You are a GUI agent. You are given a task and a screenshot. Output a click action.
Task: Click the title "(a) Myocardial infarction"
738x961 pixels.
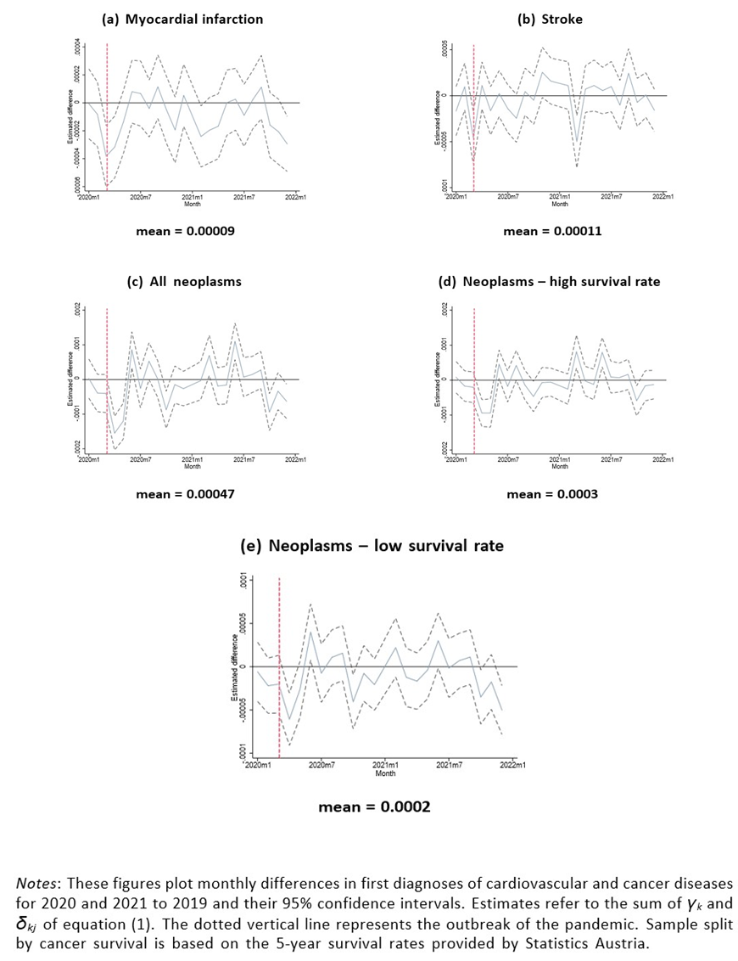click(182, 19)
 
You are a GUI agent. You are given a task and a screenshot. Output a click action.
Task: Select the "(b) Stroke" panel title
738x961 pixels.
click(550, 19)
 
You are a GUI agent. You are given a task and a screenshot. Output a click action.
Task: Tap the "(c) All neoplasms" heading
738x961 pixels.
click(183, 282)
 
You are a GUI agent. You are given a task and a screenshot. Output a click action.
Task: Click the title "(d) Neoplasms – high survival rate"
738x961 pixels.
click(549, 282)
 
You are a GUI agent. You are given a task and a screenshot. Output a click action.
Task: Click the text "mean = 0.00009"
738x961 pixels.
click(186, 231)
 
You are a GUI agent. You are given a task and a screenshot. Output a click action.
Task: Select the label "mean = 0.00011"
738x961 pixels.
click(552, 231)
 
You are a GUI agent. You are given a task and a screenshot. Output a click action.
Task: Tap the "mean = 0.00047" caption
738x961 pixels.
click(186, 494)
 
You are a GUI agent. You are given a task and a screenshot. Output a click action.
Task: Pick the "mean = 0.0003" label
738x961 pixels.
click(552, 494)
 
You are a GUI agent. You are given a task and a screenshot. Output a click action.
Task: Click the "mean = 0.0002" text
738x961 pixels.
click(374, 806)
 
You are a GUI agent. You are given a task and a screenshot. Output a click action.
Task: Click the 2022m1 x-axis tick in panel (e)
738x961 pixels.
click(512, 766)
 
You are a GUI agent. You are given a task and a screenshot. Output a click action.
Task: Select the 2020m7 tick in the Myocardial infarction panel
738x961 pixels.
click(141, 197)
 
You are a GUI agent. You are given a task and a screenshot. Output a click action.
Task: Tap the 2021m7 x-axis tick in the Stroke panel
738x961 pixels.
click(611, 197)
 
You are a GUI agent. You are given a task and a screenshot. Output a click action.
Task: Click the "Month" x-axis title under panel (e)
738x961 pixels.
click(385, 773)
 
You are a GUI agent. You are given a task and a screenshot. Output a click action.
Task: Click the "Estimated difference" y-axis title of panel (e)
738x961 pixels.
click(234, 666)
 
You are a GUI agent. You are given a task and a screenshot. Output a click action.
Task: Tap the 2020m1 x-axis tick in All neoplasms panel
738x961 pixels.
click(88, 459)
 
